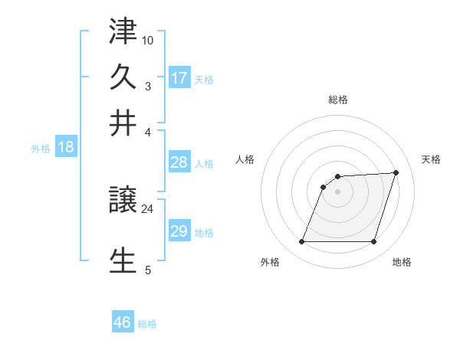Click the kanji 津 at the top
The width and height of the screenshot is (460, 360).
tap(123, 34)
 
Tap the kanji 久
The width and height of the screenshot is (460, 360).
tap(123, 78)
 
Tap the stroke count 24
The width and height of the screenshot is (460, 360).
tap(147, 208)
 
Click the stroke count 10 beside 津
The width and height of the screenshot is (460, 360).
tap(148, 39)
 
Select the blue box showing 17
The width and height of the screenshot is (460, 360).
tap(179, 77)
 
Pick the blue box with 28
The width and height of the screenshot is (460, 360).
tap(179, 162)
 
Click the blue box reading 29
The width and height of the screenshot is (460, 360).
tap(179, 231)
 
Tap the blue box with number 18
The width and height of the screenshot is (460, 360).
tap(66, 147)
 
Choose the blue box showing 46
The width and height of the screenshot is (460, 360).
tap(123, 322)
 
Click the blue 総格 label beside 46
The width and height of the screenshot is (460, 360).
tap(147, 324)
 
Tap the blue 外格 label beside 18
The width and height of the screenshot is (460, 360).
tap(41, 149)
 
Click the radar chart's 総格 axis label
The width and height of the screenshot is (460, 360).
tap(338, 100)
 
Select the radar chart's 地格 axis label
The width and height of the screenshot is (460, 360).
tap(402, 263)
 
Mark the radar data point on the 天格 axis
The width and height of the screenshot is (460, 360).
tap(396, 172)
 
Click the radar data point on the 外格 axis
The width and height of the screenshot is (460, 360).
tap(302, 242)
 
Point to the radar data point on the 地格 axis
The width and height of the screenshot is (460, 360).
tap(374, 242)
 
